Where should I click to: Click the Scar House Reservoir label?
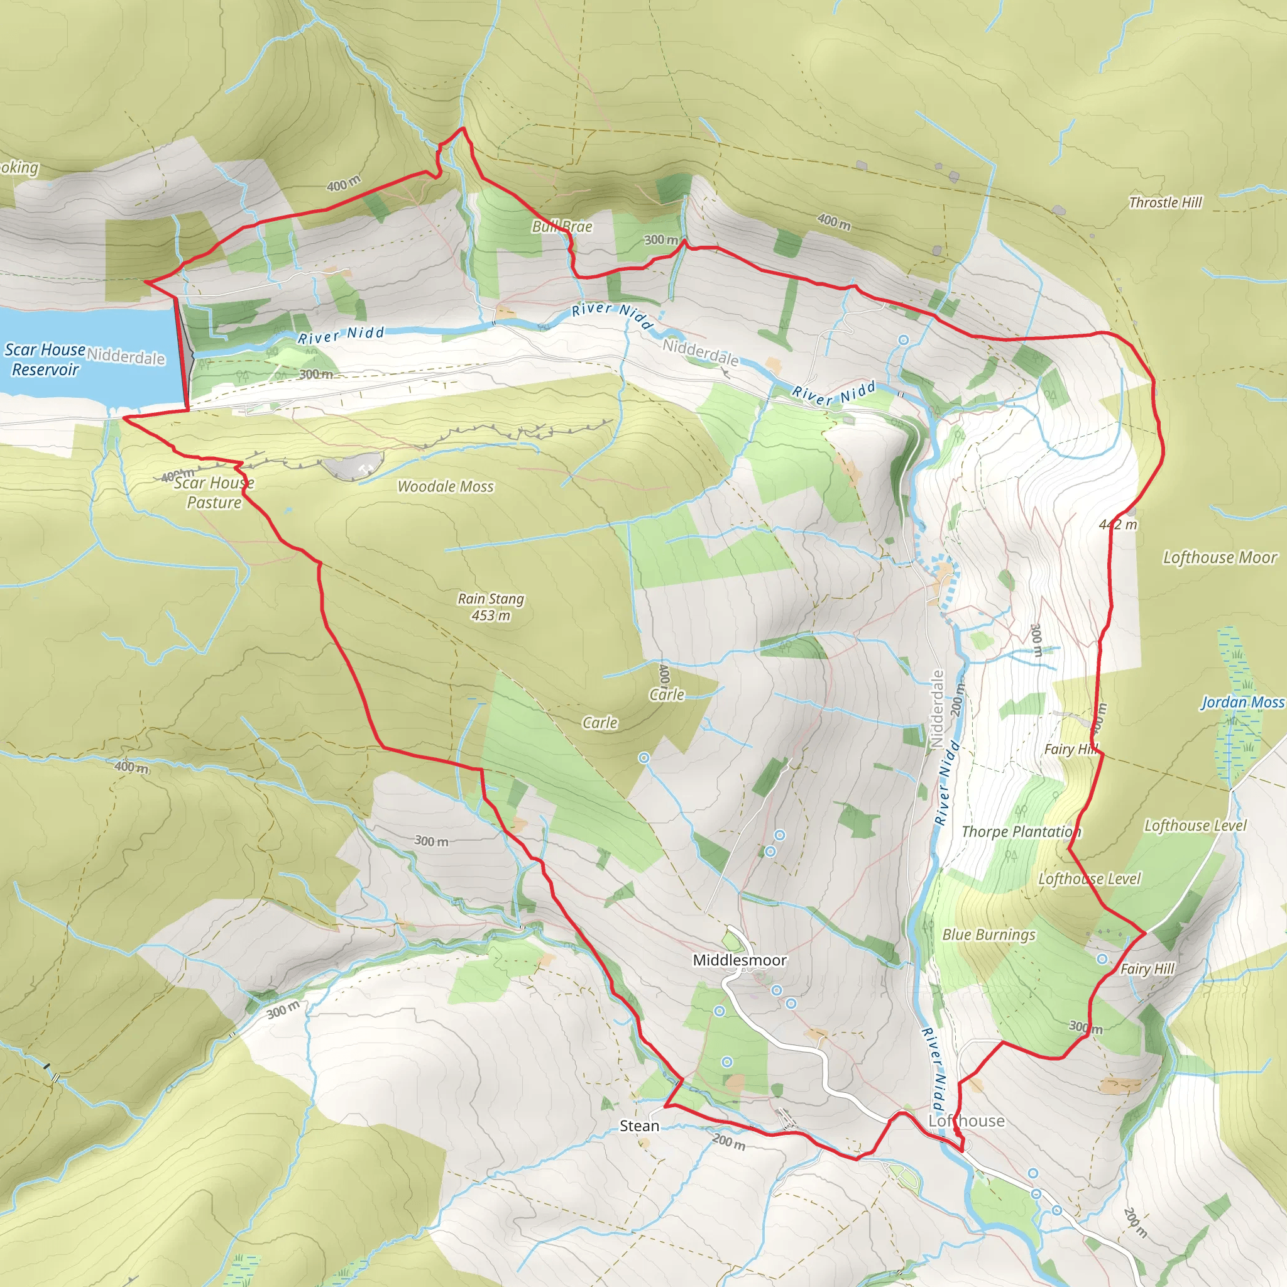[45, 359]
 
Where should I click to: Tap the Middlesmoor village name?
[740, 960]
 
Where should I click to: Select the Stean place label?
[639, 1125]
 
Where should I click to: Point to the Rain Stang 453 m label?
[491, 607]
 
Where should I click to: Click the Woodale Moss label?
[446, 487]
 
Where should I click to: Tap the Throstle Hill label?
[1165, 202]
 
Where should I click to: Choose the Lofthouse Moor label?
[1220, 557]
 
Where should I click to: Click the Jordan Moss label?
[1242, 702]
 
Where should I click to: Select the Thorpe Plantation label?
[1021, 832]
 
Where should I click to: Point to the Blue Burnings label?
[989, 934]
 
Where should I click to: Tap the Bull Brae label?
[562, 226]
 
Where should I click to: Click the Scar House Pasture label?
[214, 492]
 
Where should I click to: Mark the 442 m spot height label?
[1119, 525]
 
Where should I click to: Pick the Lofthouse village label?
[966, 1121]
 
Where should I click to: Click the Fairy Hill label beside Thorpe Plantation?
[1070, 750]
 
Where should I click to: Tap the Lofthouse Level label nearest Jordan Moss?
[1195, 826]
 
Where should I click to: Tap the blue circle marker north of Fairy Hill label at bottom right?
[1102, 958]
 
